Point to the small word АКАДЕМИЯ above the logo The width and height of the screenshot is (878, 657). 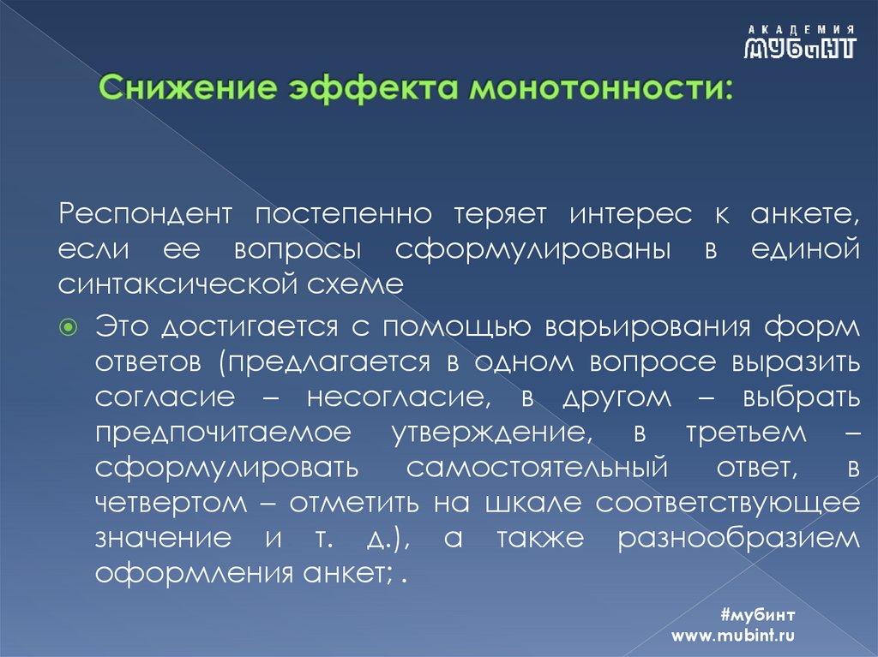pyautogui.click(x=799, y=28)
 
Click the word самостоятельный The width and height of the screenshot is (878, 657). pyautogui.click(x=537, y=469)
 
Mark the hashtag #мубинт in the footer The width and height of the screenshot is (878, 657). pyautogui.click(x=759, y=616)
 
